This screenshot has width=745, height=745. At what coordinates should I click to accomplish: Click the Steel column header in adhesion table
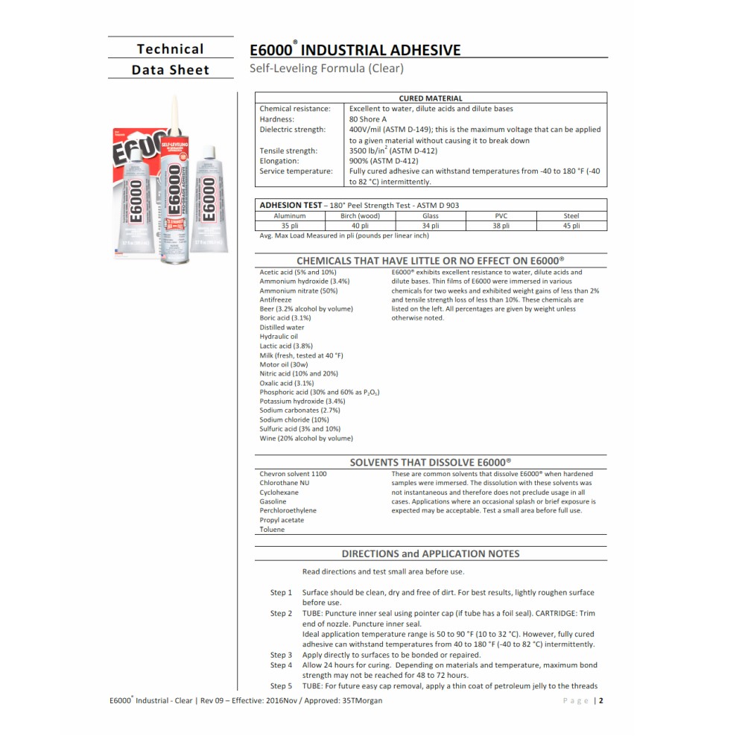tap(571, 216)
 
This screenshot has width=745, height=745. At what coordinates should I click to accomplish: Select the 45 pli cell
tap(571, 225)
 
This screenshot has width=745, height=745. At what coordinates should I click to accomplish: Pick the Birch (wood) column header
tap(360, 216)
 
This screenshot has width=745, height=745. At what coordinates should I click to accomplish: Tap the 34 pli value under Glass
tap(431, 225)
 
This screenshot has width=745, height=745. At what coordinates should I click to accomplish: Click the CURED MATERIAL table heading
tap(431, 98)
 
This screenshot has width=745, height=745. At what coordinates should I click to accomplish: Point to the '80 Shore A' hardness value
tap(368, 119)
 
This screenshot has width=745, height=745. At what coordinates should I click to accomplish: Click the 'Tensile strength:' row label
tap(288, 150)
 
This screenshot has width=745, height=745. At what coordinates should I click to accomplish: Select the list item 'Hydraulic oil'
tap(279, 336)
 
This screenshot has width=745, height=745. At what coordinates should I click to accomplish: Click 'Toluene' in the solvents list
tap(272, 530)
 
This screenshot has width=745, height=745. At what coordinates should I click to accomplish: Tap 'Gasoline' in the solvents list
tap(273, 501)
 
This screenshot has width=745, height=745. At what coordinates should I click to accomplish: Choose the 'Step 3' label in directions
tap(281, 655)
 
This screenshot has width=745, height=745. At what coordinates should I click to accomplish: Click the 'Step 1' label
tap(281, 592)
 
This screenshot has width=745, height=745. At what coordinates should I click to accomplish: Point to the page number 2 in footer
tap(600, 700)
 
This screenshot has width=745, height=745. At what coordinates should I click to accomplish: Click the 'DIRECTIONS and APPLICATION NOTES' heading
tap(431, 554)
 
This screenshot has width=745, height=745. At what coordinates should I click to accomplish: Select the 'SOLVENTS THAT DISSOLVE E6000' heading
tap(431, 462)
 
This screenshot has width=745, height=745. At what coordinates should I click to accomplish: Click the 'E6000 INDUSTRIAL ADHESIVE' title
tap(355, 51)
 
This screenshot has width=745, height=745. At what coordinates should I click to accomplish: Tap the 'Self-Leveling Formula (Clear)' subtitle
tap(326, 69)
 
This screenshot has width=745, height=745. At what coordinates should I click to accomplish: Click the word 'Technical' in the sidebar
tap(170, 49)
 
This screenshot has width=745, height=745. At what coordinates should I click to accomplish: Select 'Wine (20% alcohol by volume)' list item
tap(306, 438)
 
